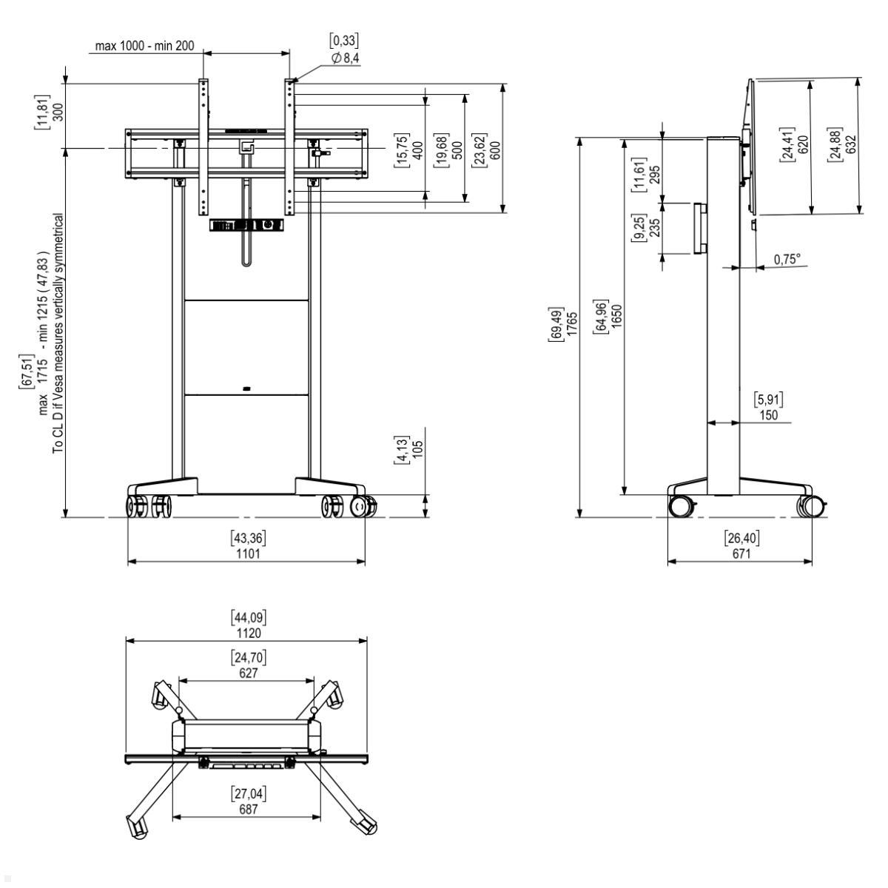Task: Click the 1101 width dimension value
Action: coord(247,554)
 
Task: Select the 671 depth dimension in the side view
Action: coord(741,554)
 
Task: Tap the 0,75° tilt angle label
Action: coord(787,259)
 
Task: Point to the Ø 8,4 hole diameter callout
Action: coord(346,58)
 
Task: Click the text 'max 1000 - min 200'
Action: coord(144,46)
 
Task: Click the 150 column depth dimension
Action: coord(768,415)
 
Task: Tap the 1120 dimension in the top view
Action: coord(247,633)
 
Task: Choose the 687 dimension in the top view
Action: coord(248,810)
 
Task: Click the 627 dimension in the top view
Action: coord(247,673)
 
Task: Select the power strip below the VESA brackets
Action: coord(247,226)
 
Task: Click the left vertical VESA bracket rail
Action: coord(203,147)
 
